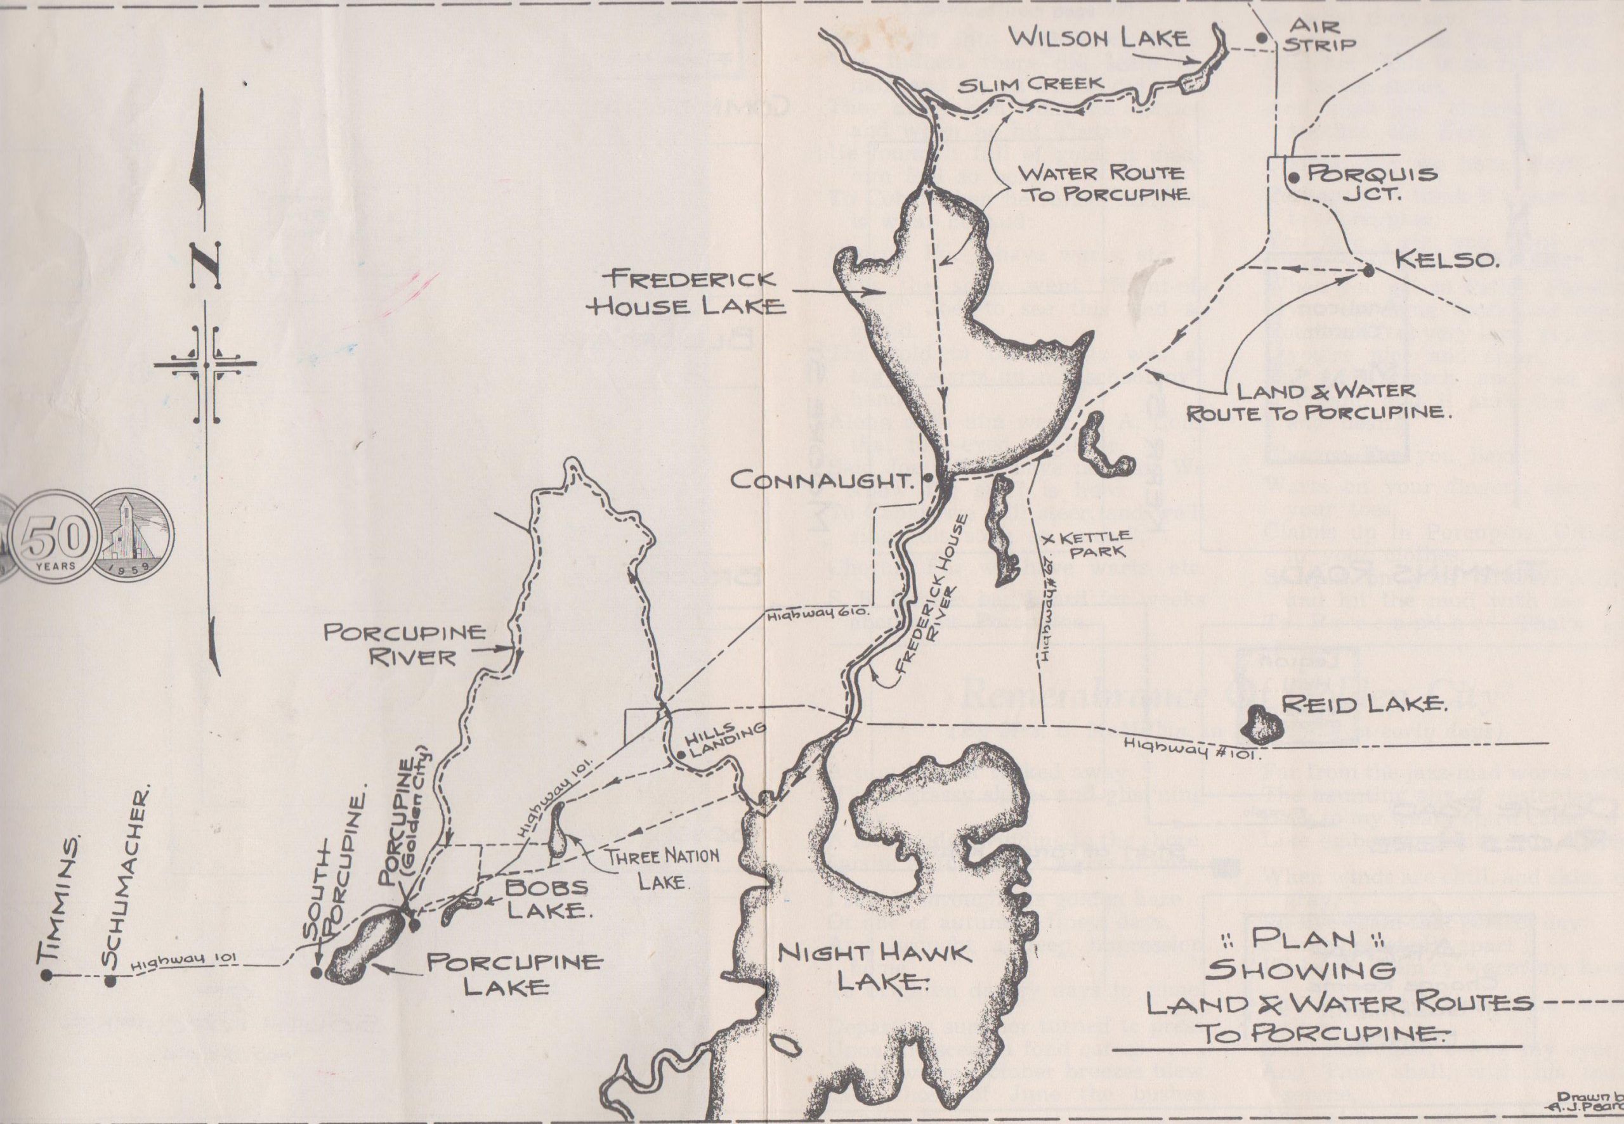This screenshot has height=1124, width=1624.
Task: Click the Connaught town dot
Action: point(927,477)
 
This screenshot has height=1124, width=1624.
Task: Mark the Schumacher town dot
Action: point(110,980)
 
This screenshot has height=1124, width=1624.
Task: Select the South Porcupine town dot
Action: point(317,972)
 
